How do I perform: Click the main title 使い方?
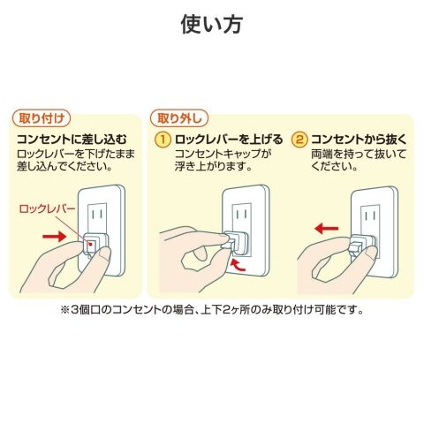(212, 25)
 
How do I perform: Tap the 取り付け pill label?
(42, 118)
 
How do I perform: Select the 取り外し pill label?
(179, 118)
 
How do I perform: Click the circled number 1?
(163, 140)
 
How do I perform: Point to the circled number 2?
(299, 140)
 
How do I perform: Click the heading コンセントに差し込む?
(72, 140)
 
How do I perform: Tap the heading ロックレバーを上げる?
(229, 140)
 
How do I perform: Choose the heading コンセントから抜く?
(359, 140)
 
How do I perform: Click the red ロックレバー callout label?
(47, 208)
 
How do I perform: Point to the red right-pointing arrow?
(55, 236)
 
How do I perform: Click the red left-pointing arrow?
(327, 228)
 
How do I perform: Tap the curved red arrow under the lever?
(238, 265)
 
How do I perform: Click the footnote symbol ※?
(65, 310)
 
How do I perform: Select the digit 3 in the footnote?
(75, 310)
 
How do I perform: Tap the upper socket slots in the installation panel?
(96, 214)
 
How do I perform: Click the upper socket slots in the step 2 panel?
(370, 216)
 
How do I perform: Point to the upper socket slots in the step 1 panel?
(242, 214)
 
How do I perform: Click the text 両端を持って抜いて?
(359, 154)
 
